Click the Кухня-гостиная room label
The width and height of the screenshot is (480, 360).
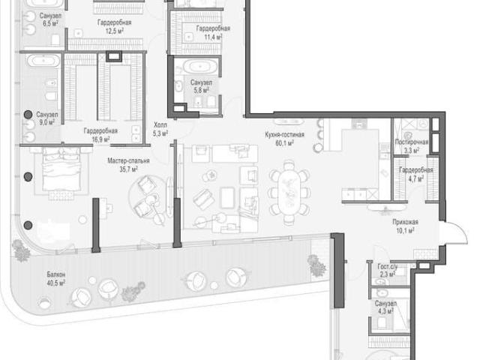tap(285, 134)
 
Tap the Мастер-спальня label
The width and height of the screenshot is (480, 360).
tap(128, 160)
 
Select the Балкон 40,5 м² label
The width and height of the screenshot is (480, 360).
tap(56, 278)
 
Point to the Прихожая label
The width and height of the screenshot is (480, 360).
tap(405, 222)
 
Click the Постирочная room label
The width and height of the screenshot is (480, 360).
tap(412, 142)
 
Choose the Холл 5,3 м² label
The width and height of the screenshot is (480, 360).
tap(160, 129)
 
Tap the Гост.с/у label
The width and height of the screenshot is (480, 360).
tap(388, 267)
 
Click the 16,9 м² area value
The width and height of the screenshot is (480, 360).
tap(100, 139)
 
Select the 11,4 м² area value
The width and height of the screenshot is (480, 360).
tap(213, 37)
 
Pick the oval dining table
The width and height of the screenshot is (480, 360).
tap(289, 193)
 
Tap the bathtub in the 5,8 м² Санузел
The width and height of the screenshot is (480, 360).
tap(200, 67)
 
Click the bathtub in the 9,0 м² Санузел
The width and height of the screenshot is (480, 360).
tap(43, 61)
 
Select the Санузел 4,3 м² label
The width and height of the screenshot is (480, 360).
tap(385, 307)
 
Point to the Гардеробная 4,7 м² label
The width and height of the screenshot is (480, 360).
tap(415, 174)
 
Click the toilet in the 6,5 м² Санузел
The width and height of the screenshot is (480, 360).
tap(55, 40)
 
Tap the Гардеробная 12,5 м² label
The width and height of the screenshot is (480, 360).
tap(115, 27)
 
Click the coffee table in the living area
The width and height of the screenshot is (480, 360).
tap(226, 198)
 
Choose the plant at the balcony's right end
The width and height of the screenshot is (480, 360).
tap(316, 265)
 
